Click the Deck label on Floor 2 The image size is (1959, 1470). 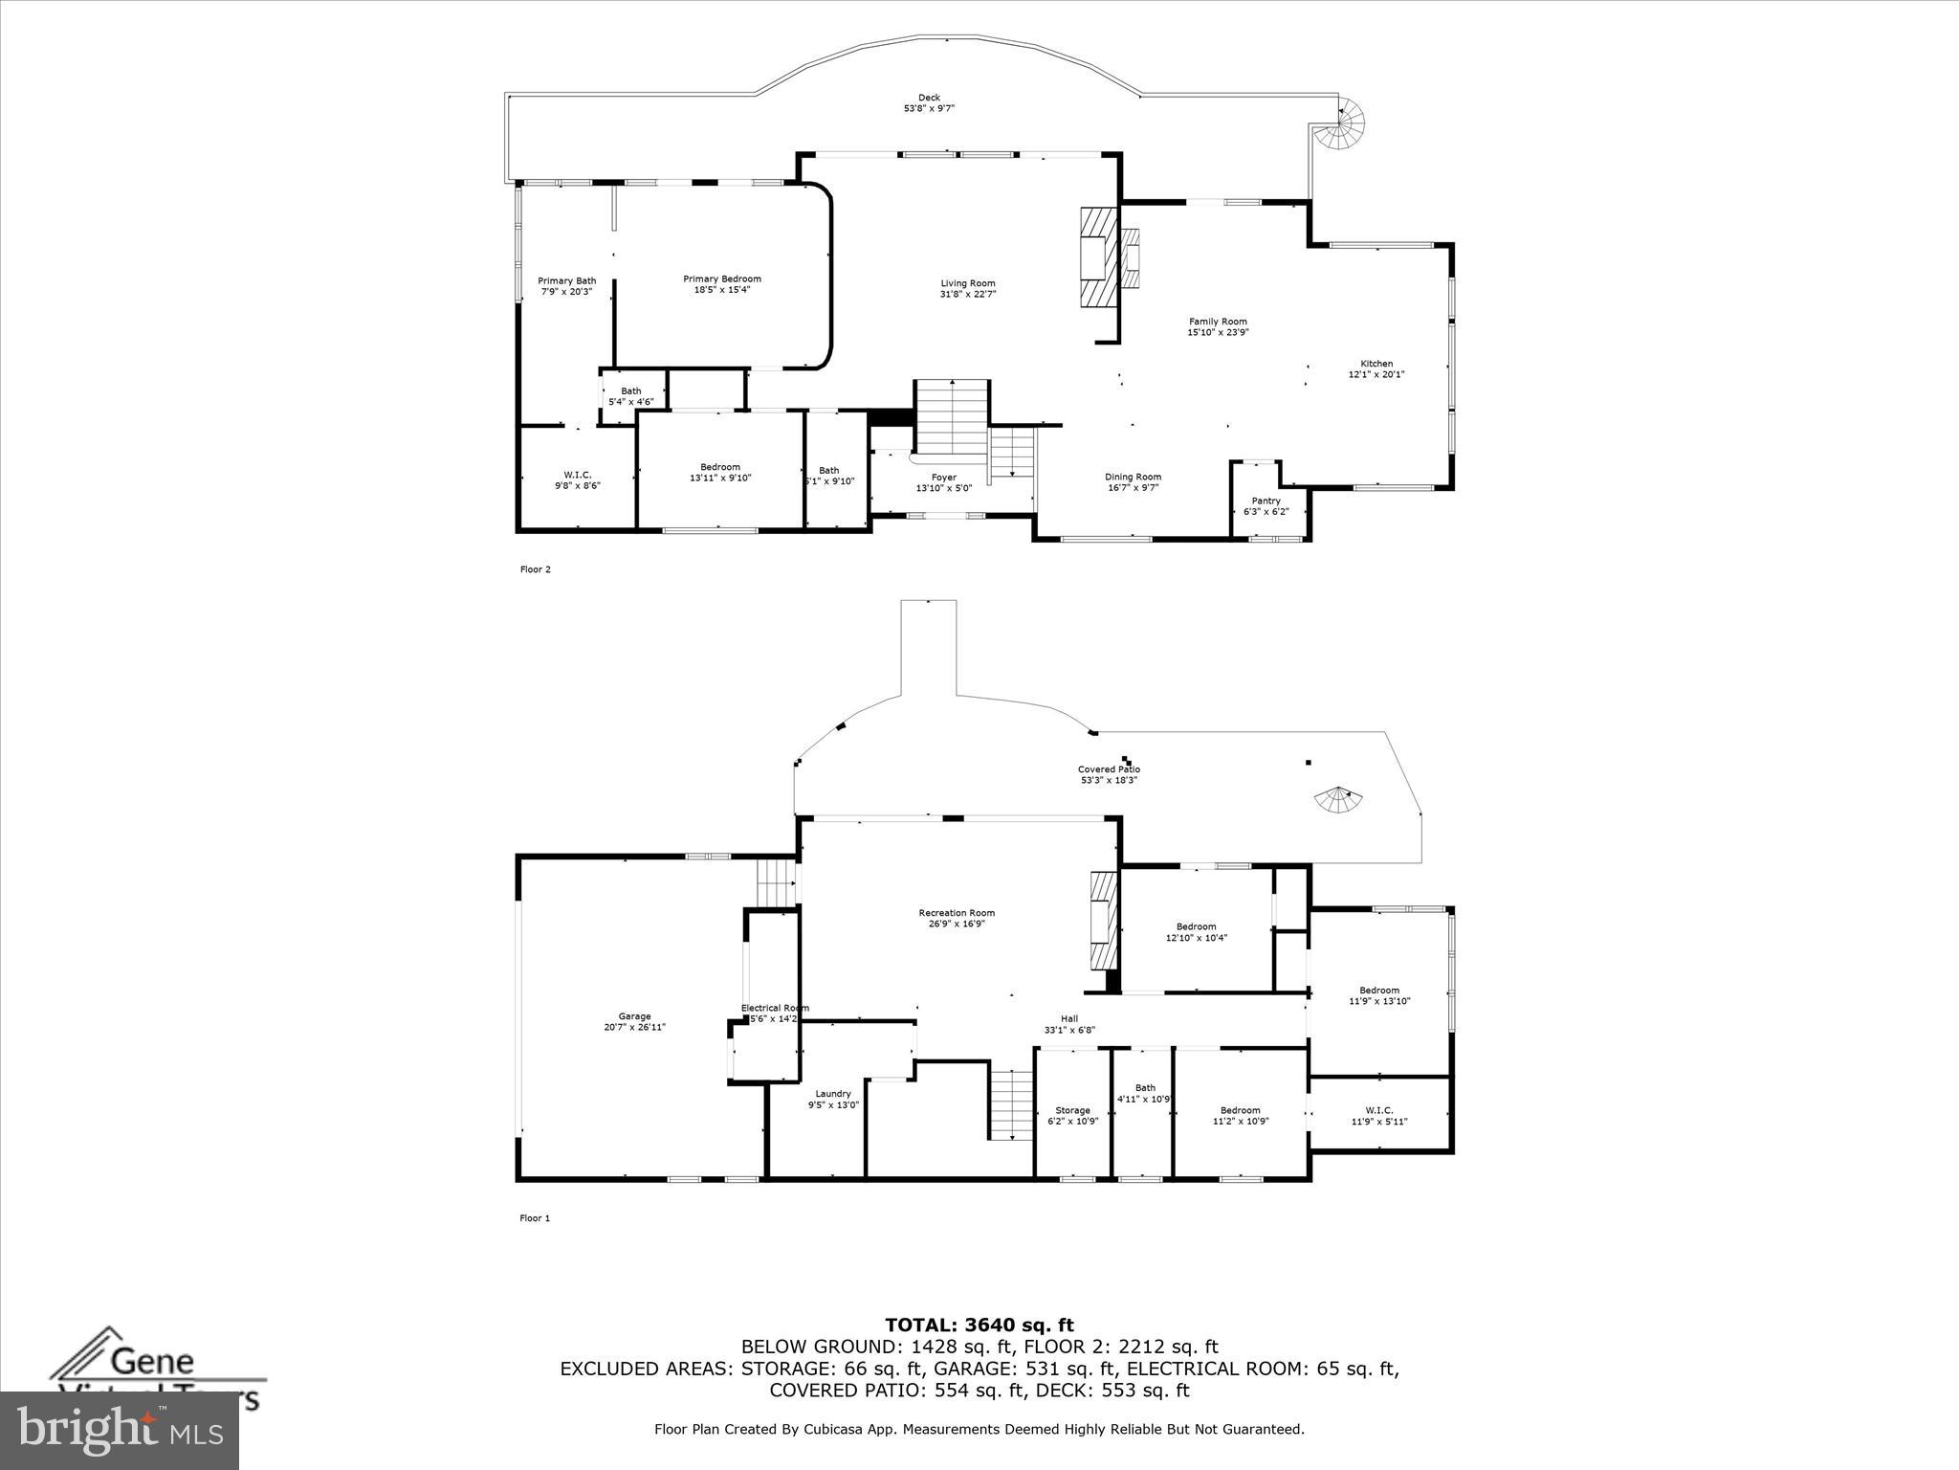tap(929, 98)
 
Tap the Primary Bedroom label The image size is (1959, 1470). tap(722, 279)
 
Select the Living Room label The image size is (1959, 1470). tap(968, 283)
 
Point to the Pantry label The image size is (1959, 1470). tap(1266, 501)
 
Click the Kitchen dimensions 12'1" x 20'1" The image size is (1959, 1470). tap(1376, 374)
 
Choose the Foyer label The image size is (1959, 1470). tap(943, 478)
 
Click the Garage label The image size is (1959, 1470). tap(634, 1016)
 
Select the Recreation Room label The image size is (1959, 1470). tap(957, 913)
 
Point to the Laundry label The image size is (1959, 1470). tap(833, 1094)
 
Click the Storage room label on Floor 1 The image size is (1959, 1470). tap(1072, 1110)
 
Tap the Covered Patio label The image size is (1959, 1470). tap(1109, 769)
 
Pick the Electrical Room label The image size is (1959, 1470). tap(775, 1008)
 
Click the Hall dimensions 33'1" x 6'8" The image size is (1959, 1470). tap(1069, 1031)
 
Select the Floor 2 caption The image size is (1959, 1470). tap(535, 569)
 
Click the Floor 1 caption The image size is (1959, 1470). tap(535, 1218)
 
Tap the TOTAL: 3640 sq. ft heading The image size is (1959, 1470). tap(979, 1325)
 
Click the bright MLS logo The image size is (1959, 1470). tap(120, 1429)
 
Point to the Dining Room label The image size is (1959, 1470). tap(1133, 477)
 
